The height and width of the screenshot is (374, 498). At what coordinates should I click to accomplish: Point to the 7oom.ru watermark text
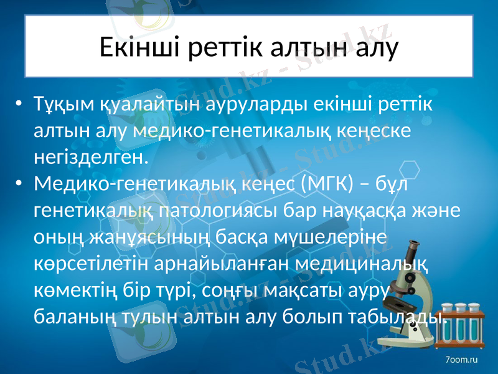pos(461,360)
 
